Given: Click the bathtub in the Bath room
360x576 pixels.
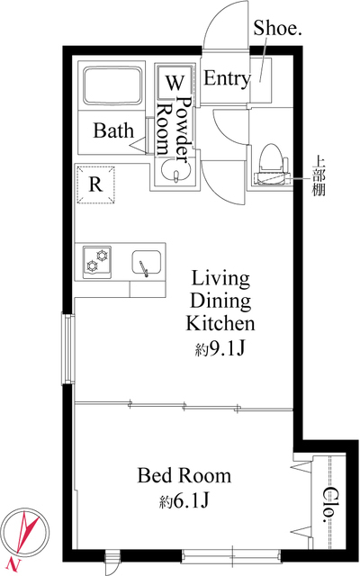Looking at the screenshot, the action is click(x=112, y=85).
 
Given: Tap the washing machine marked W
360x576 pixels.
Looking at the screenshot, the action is click(x=174, y=82).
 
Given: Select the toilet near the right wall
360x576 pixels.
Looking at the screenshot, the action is click(x=272, y=164).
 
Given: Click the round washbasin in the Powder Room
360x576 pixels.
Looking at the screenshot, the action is click(x=176, y=174).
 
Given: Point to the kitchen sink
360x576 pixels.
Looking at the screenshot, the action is click(x=146, y=262).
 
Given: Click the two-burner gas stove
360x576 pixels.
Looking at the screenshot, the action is click(x=97, y=262).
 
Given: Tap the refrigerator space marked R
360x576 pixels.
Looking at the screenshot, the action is click(x=95, y=184).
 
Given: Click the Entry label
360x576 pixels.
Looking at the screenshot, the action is click(x=227, y=78).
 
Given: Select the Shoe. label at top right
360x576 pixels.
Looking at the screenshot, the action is click(x=277, y=28).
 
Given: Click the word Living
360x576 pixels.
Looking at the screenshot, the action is click(x=220, y=278).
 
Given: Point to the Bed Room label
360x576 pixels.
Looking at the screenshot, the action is click(x=184, y=475).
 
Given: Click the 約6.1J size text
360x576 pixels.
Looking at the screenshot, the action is click(x=184, y=500).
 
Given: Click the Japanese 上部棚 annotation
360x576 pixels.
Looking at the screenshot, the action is click(x=319, y=175).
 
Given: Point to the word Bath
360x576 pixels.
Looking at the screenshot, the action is click(x=113, y=130).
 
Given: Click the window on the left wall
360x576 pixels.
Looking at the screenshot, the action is click(x=68, y=349).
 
